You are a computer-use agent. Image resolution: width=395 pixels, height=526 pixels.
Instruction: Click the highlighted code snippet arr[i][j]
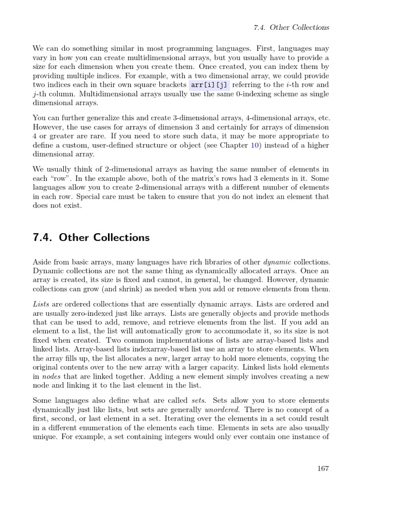[x=210, y=85]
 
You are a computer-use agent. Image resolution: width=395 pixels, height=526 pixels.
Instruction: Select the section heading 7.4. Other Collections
[x=91, y=237]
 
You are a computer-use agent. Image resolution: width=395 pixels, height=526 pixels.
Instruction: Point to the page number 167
[x=323, y=468]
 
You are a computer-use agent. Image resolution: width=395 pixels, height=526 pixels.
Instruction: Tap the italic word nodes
[x=51, y=377]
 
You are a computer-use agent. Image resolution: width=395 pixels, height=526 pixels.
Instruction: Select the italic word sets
[x=199, y=400]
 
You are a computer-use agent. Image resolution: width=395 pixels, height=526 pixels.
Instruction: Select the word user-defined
[x=125, y=145]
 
